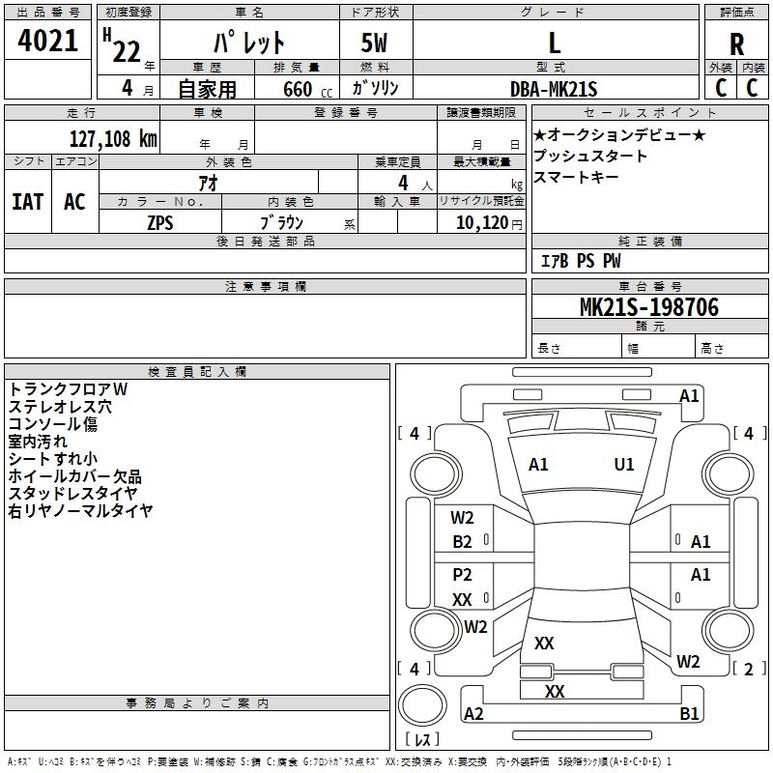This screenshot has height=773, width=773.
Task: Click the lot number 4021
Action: click(48, 42)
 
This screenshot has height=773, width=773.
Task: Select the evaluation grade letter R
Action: click(737, 44)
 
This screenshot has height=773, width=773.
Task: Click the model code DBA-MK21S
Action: click(554, 89)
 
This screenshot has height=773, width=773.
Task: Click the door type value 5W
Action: click(376, 43)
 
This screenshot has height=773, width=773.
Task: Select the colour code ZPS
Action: click(160, 222)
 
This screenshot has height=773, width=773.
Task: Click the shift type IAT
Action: click(28, 202)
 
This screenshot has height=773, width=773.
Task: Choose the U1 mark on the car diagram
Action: click(624, 465)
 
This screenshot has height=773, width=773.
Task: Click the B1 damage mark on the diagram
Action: click(689, 714)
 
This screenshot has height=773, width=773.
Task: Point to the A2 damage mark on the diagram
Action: click(473, 714)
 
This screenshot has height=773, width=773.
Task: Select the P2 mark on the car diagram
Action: click(463, 575)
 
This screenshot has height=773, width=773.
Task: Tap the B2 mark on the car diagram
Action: click(463, 542)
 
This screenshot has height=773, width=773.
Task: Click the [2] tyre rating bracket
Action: click(748, 669)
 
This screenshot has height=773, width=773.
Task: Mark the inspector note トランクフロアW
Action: click(68, 388)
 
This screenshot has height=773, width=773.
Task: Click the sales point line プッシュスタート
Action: click(590, 156)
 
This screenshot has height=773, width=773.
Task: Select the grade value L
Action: click(555, 43)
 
